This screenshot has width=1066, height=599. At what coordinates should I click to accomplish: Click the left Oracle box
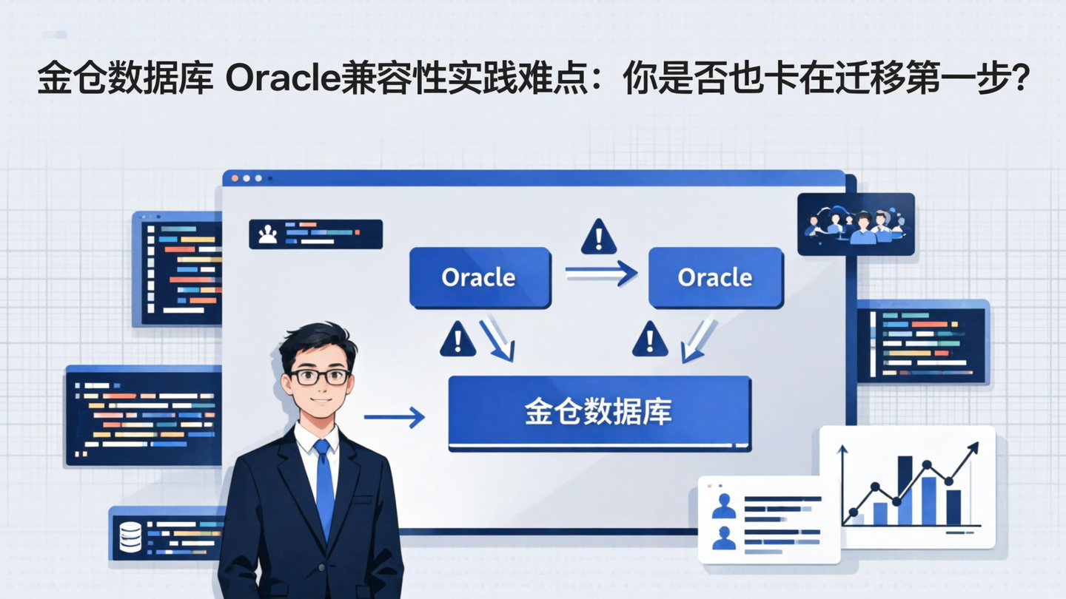(x=479, y=278)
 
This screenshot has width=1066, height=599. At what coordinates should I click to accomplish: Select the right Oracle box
(x=715, y=278)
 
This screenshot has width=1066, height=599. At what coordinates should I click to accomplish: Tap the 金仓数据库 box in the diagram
(x=599, y=413)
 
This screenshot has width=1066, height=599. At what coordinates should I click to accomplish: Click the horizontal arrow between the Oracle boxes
(x=600, y=274)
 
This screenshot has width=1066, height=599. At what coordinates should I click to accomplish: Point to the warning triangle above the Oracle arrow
(x=598, y=237)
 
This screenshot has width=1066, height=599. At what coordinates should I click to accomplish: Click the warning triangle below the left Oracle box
(x=457, y=339)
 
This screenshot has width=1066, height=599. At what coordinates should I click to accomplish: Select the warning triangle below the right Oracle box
(x=650, y=339)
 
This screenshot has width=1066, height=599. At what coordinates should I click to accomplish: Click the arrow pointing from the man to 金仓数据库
(x=394, y=417)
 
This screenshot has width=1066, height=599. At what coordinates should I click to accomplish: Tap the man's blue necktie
(x=324, y=484)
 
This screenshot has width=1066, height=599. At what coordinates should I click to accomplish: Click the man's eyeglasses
(x=319, y=376)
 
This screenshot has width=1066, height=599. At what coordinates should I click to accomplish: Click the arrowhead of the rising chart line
(x=972, y=447)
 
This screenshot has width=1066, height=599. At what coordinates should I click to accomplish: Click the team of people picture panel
(x=856, y=224)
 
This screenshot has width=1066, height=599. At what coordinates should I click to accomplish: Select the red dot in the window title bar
(x=235, y=178)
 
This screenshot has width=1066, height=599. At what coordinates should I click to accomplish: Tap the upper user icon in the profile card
(x=723, y=507)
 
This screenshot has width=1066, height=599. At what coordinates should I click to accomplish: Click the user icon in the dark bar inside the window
(x=266, y=234)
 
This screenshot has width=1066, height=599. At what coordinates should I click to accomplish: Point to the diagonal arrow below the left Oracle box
(x=497, y=339)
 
